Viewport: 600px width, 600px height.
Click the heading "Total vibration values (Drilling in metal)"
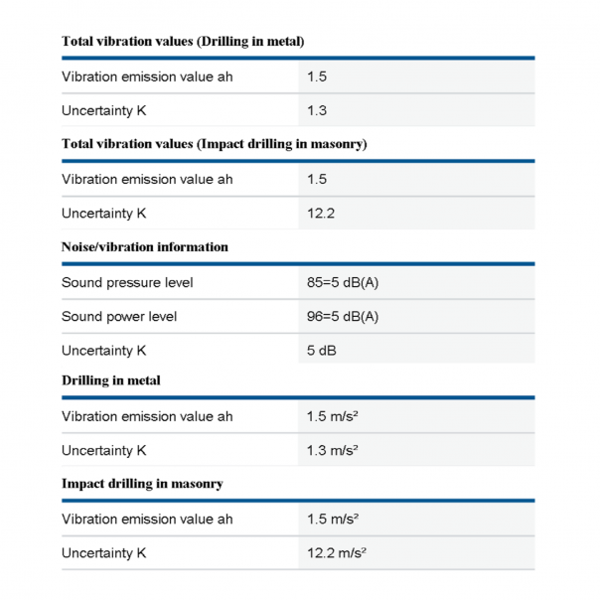tap(183, 41)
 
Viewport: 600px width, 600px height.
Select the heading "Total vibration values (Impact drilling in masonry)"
tap(215, 144)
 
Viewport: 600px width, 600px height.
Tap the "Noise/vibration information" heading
tap(145, 246)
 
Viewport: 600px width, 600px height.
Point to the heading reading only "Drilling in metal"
tap(111, 380)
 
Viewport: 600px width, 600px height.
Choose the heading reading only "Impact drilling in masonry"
tap(142, 484)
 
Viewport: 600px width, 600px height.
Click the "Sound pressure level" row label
tap(127, 283)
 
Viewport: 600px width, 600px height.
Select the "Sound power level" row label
tap(119, 317)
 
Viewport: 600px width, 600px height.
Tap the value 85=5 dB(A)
tap(343, 283)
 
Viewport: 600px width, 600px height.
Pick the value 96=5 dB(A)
tap(343, 317)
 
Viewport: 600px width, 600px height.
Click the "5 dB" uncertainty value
tap(322, 351)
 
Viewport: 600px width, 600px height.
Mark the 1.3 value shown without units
tap(317, 110)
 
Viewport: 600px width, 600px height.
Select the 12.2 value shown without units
tap(321, 214)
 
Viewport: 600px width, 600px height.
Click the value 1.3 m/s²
tap(333, 450)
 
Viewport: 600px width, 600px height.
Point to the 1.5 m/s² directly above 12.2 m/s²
tap(333, 520)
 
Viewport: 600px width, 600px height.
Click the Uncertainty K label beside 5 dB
tap(104, 351)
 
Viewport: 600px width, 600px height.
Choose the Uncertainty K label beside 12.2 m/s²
tap(104, 553)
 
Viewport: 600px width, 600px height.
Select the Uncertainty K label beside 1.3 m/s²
tap(104, 450)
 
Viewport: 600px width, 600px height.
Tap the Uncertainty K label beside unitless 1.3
tap(104, 110)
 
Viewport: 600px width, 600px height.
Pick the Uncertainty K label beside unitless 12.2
tap(104, 214)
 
